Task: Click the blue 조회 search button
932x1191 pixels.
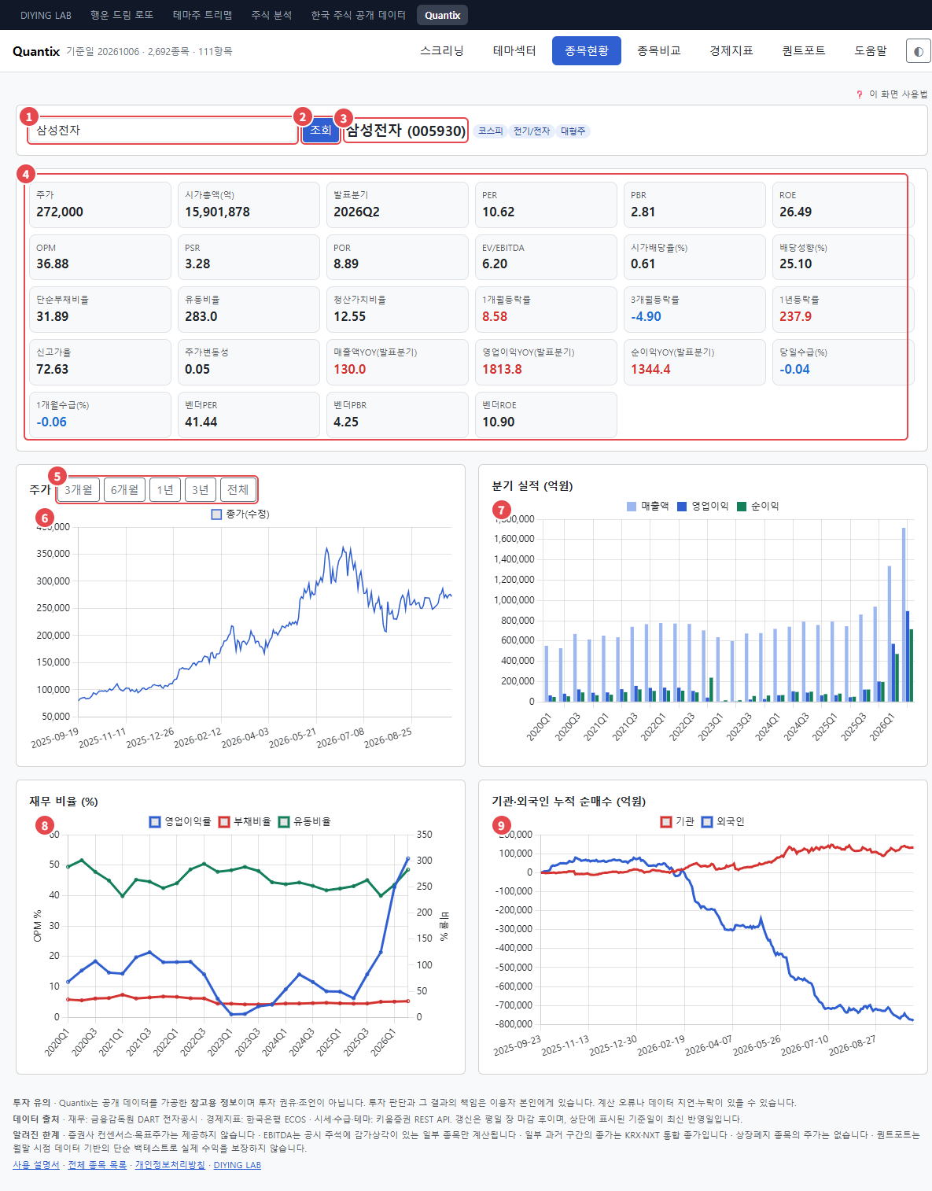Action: pos(321,130)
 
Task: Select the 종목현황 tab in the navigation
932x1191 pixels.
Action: pos(586,51)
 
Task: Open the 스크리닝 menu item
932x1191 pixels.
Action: pos(441,51)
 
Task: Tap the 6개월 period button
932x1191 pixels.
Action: pos(124,489)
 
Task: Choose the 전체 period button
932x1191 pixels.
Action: pos(238,489)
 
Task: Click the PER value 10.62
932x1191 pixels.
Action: pos(498,212)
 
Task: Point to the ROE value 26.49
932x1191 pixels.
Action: pos(796,212)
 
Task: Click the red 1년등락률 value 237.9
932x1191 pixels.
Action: pos(796,317)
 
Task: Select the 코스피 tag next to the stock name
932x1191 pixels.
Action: pos(490,131)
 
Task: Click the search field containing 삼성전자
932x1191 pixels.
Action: pos(162,131)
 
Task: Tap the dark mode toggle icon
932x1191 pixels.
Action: pos(919,51)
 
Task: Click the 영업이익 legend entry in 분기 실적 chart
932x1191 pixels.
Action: pos(703,507)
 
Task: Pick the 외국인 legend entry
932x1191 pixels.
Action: pos(724,821)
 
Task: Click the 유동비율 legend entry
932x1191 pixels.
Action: pos(305,821)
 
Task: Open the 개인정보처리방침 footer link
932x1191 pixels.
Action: pos(170,1165)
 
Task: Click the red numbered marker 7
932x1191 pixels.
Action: pos(501,511)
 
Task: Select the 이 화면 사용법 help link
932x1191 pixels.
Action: pos(898,94)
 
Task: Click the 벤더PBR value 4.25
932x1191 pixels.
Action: pos(346,422)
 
